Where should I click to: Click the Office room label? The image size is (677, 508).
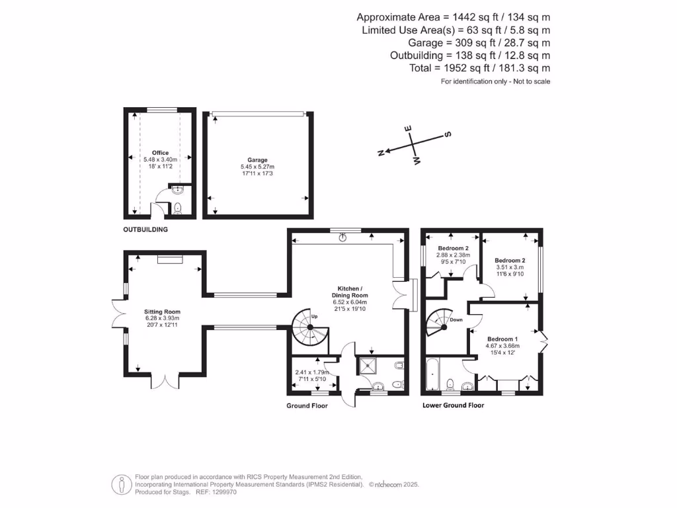(x=160, y=153)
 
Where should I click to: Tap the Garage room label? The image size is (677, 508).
(x=257, y=160)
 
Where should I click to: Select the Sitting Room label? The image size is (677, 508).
(x=163, y=312)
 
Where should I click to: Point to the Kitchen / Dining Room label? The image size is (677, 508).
(x=350, y=292)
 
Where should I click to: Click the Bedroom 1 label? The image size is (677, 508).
(x=502, y=339)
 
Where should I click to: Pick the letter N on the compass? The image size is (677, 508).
(x=381, y=153)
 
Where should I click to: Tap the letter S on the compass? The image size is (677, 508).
(x=448, y=134)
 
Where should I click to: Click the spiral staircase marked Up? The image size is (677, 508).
(x=310, y=328)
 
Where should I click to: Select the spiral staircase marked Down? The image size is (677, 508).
(x=440, y=323)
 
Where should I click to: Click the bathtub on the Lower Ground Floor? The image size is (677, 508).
(x=432, y=374)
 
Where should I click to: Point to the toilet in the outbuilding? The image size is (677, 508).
(x=177, y=208)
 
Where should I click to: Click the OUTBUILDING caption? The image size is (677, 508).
(x=145, y=230)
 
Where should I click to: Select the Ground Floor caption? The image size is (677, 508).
(x=307, y=405)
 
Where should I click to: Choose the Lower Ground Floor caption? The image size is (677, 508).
(x=454, y=405)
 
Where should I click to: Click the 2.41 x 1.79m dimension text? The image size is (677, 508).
(x=312, y=372)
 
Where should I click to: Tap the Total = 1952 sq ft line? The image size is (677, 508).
(x=480, y=68)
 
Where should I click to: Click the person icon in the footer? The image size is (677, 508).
(x=122, y=485)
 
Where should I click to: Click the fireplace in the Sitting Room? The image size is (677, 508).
(x=170, y=259)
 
